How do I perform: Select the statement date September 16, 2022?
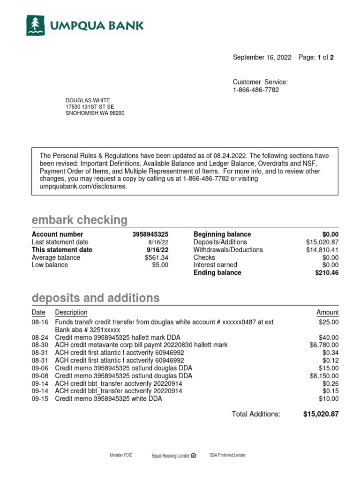coord(262,58)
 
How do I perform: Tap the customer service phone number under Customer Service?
coord(256,90)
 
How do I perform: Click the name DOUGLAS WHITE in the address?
coord(87,100)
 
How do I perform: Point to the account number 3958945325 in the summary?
coord(150,234)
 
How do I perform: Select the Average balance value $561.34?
coord(156,257)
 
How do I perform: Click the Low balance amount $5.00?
coord(160,265)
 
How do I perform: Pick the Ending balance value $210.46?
coord(327,273)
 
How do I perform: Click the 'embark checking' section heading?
coord(79,220)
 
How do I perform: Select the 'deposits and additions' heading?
coord(95,298)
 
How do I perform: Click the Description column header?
coord(71,313)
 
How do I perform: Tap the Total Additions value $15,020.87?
coord(321,414)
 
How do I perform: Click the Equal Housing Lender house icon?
coord(194,455)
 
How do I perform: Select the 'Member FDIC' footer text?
coord(121,455)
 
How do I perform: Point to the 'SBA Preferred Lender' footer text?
coord(227,455)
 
